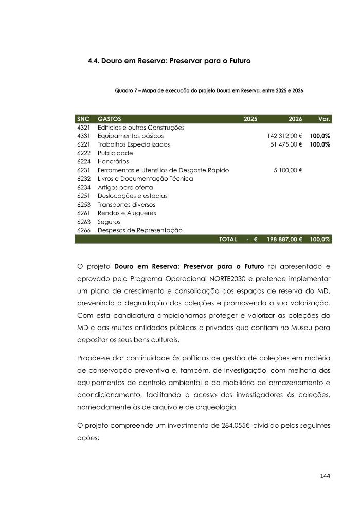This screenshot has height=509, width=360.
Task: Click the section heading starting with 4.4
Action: click(x=169, y=61)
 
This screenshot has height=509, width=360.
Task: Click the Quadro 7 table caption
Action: click(x=209, y=90)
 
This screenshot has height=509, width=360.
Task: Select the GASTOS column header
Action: click(x=109, y=119)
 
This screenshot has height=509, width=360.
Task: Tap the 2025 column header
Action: click(x=250, y=119)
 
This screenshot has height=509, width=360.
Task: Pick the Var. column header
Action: click(x=324, y=119)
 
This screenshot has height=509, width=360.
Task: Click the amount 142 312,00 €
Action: click(x=284, y=136)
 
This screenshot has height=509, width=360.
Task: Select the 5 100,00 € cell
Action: click(x=287, y=170)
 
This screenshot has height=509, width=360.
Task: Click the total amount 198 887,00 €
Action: click(x=284, y=239)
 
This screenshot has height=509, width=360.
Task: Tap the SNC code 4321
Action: click(x=84, y=128)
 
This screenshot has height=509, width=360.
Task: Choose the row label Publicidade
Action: click(x=115, y=153)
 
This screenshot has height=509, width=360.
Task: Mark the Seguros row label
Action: click(x=109, y=222)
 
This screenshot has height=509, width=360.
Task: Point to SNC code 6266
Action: click(x=84, y=230)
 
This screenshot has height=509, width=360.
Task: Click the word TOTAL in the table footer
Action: click(x=228, y=239)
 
